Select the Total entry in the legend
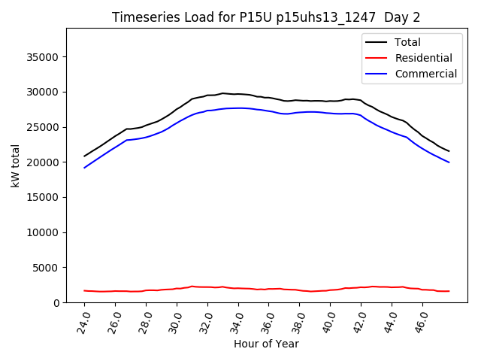pos(407,42)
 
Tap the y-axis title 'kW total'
pos(16,165)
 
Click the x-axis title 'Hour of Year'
pos(266,344)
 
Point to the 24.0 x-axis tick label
pos(83,321)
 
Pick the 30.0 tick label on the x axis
pos(175,321)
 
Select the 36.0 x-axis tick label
pos(267,321)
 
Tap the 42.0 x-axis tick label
pos(358,321)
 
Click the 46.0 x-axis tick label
pos(420,321)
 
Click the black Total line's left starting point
pos(85,156)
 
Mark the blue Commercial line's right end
pos(449,162)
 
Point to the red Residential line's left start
pos(85,290)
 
